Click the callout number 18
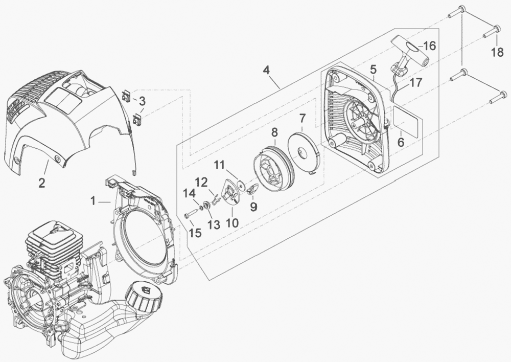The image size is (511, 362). [497, 52]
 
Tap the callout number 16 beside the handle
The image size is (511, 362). [429, 46]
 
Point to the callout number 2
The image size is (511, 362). [42, 182]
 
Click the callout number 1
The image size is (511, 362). [94, 202]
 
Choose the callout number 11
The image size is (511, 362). [219, 165]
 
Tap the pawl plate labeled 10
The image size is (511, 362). [230, 193]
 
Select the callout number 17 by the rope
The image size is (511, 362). [415, 83]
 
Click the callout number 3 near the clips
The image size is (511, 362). [142, 101]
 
